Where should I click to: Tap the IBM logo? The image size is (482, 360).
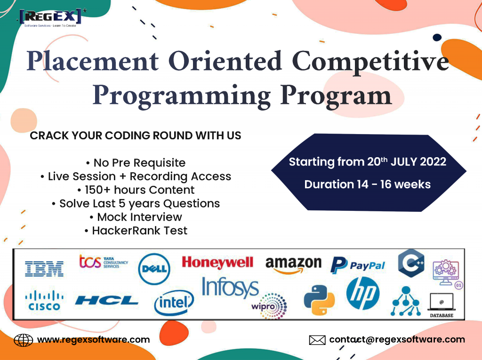[x=44, y=269]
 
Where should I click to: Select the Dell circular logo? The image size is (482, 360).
[x=154, y=269]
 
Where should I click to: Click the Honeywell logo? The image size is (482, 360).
[x=217, y=263]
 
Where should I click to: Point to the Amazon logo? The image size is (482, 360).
[x=293, y=264]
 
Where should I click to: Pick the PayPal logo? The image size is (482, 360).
[x=358, y=265]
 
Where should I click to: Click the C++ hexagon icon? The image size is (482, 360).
[x=411, y=263]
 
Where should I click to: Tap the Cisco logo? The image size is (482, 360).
[x=44, y=300]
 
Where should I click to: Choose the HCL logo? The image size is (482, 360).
[x=107, y=300]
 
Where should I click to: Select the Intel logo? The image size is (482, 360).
[x=174, y=303]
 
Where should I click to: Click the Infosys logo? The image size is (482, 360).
[x=230, y=288]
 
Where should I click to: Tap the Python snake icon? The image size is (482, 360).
[x=319, y=300]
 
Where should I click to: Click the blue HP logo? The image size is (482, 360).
[x=363, y=293]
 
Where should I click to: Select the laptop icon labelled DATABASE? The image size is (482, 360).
[x=442, y=305]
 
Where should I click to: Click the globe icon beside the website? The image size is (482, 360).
[x=24, y=340]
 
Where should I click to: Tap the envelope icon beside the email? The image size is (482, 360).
[x=317, y=340]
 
